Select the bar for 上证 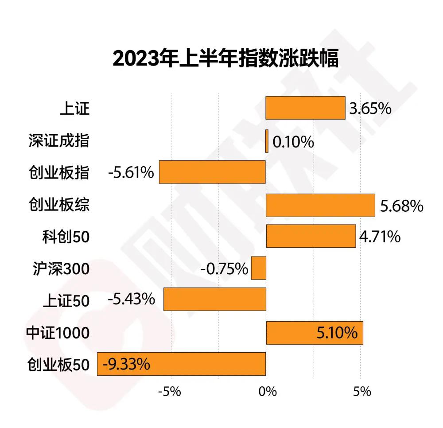[305, 108]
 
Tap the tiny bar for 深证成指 [267, 141]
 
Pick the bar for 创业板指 [212, 172]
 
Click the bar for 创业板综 [320, 205]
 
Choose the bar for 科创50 [311, 236]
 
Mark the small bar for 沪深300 [258, 268]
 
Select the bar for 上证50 [214, 299]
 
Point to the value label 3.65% [370, 109]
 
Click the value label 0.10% [293, 142]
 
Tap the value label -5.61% [131, 173]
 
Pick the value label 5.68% [402, 206]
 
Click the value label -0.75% [224, 268]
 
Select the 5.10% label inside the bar [337, 332]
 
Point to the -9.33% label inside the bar [126, 365]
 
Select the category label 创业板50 [58, 365]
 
